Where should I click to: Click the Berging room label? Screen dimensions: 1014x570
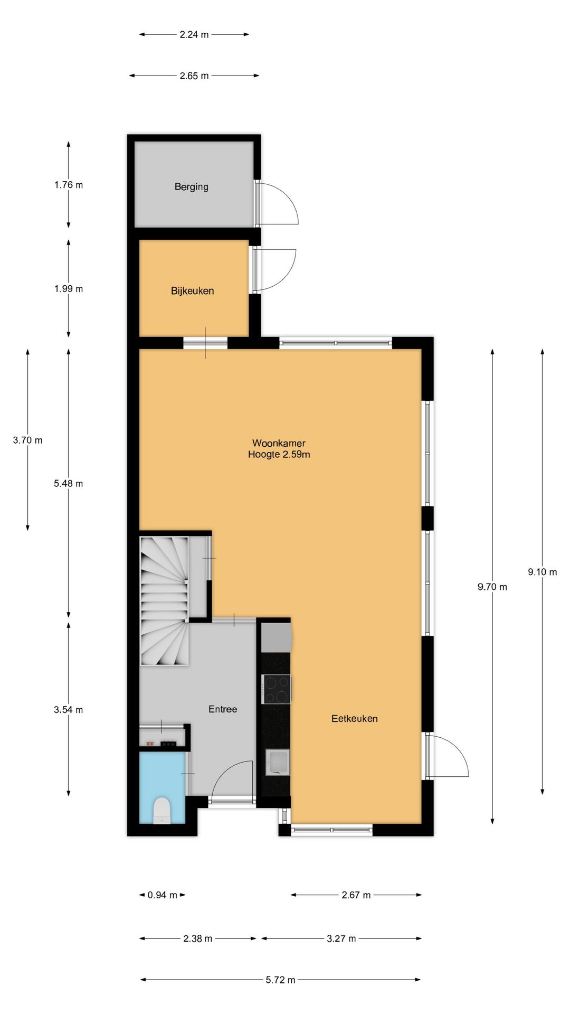click(x=191, y=186)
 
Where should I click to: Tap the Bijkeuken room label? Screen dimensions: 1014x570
click(x=192, y=290)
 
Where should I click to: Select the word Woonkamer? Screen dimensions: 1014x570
click(x=279, y=443)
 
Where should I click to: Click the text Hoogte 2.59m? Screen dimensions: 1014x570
click(x=279, y=454)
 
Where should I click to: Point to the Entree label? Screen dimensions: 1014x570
click(x=223, y=709)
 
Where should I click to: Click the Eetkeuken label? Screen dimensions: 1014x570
click(x=354, y=718)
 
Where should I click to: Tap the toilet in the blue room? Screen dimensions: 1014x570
click(x=161, y=811)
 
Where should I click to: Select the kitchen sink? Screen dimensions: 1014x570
click(x=278, y=762)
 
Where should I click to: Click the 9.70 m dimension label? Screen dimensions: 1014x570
click(x=492, y=587)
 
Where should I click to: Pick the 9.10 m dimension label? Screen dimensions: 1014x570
click(x=542, y=572)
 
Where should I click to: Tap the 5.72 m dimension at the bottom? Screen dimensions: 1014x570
click(x=280, y=980)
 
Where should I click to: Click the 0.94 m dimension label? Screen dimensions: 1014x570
click(x=162, y=895)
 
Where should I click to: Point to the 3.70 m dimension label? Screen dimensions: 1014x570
click(x=27, y=440)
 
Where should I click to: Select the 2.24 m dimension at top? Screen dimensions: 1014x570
click(x=194, y=34)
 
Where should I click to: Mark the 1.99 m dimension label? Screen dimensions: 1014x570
click(x=68, y=288)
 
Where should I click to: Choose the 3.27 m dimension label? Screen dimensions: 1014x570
click(x=341, y=938)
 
